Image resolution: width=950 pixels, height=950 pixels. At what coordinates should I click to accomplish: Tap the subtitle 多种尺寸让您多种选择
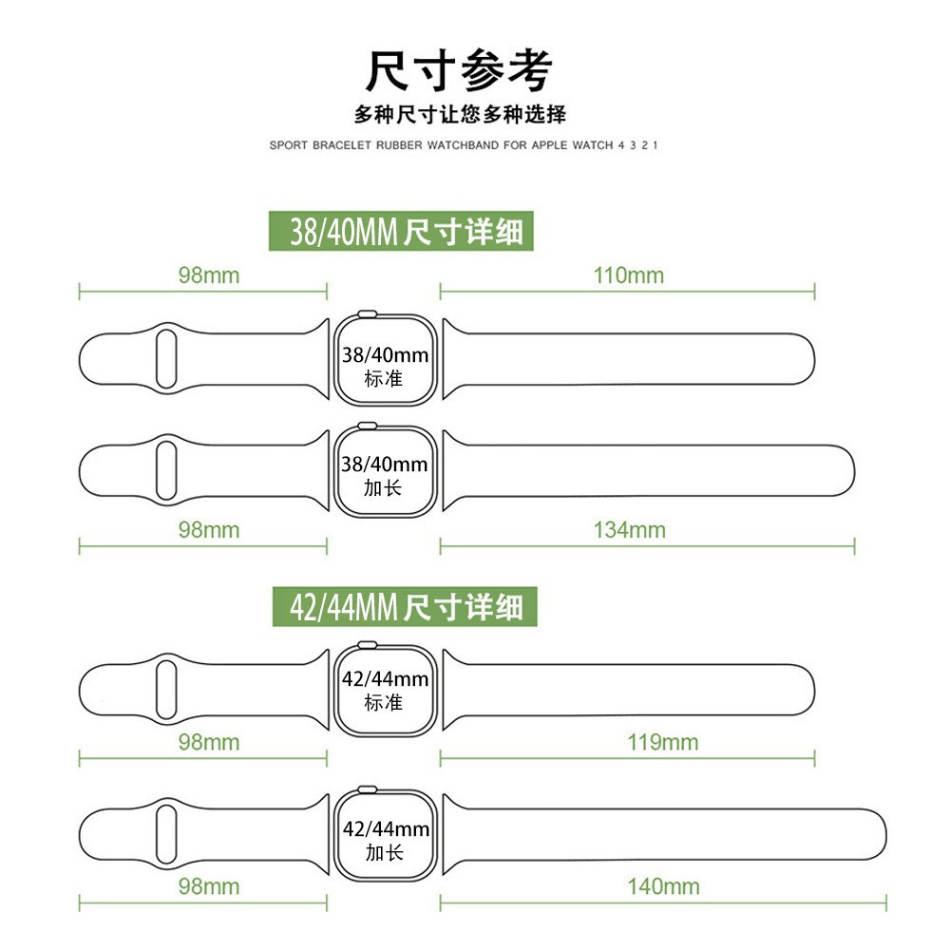(460, 115)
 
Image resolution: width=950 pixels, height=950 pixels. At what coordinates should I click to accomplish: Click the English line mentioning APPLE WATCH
(464, 146)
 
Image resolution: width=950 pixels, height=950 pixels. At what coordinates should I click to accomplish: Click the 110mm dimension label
(629, 275)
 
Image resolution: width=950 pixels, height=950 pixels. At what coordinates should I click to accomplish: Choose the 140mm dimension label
(663, 887)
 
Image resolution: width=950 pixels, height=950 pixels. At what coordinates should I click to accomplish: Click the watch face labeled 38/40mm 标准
(384, 363)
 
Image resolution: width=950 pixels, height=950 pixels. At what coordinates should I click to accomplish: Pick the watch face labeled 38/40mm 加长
(384, 472)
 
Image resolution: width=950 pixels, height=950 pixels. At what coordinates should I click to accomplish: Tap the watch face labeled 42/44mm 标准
(384, 688)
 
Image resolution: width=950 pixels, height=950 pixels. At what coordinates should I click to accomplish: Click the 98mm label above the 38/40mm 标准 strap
(209, 275)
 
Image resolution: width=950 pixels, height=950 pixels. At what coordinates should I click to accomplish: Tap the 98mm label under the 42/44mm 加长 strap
(209, 887)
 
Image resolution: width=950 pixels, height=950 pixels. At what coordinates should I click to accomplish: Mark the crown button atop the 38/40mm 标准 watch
(366, 314)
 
